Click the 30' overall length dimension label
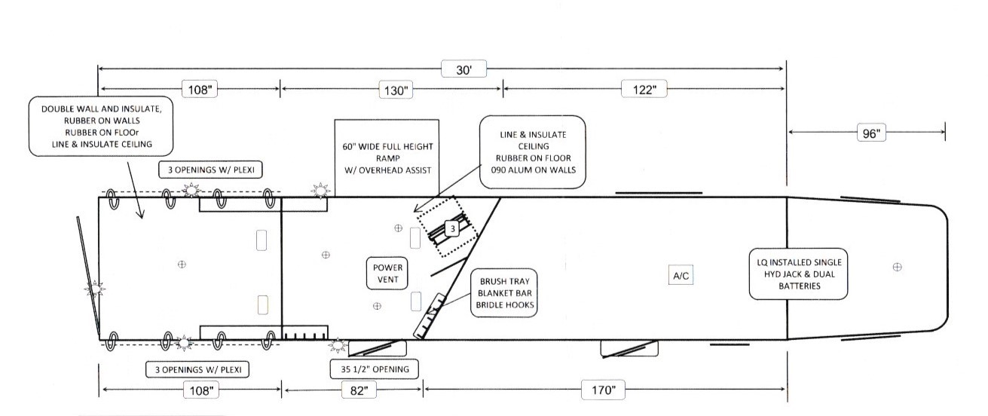(463, 69)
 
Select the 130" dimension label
(396, 90)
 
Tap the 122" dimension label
(644, 90)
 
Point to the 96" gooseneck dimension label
(871, 133)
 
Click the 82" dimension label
(359, 390)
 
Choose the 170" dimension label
(603, 390)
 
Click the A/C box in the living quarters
(681, 276)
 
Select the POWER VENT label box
(387, 274)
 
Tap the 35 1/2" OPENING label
(375, 369)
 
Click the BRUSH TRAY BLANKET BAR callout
(504, 293)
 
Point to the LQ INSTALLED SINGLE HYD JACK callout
(799, 274)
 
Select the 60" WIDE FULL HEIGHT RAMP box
(387, 158)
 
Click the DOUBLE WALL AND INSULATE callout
(101, 126)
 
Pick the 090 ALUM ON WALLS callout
(533, 152)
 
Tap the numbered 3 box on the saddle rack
(452, 229)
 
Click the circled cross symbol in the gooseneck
(897, 267)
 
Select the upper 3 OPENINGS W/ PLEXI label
(211, 170)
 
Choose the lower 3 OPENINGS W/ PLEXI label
(197, 370)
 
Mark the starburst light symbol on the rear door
(95, 289)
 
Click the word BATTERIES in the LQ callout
(800, 286)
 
